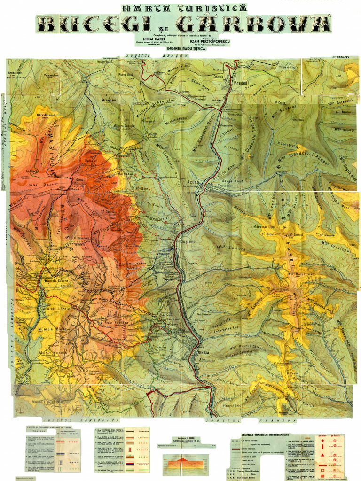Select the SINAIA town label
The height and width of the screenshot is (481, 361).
coord(203,352)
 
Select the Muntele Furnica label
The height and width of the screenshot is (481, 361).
coord(114,323)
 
